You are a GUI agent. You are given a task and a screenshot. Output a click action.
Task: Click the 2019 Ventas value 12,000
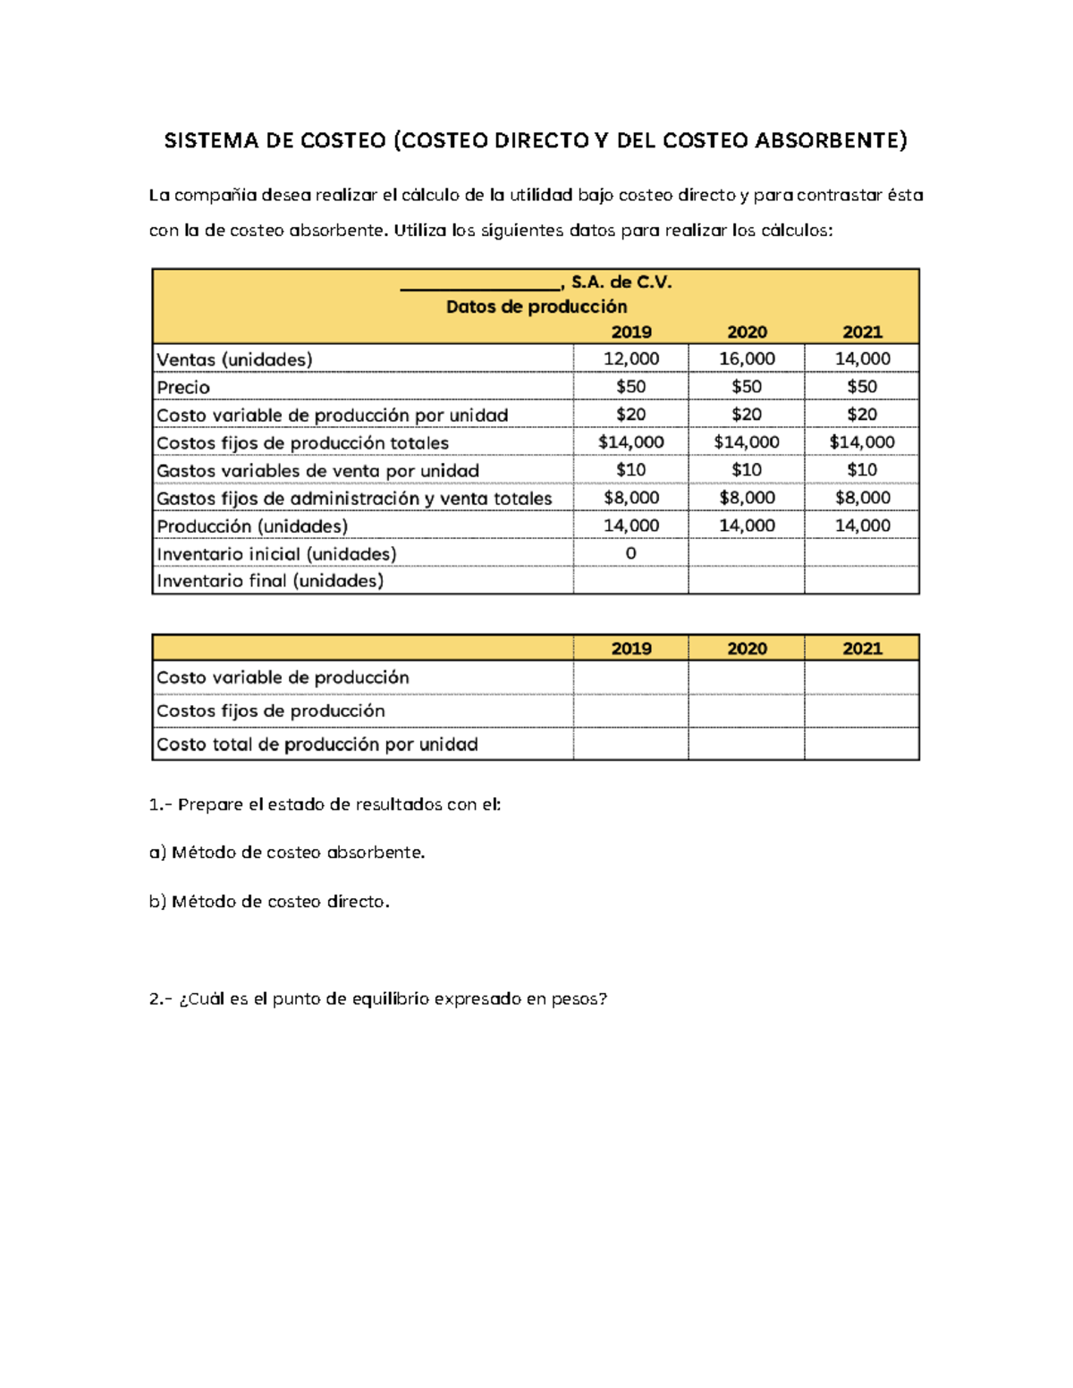[x=630, y=358]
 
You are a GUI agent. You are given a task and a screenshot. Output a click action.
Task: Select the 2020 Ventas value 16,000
[x=747, y=358]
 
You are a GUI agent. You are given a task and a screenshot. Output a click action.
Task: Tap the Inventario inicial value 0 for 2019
[x=630, y=553]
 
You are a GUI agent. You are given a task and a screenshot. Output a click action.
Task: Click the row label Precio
[x=183, y=387]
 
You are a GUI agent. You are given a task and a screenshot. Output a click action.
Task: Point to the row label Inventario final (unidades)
[x=270, y=581]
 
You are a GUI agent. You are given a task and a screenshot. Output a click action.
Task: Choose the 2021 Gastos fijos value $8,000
[x=862, y=498]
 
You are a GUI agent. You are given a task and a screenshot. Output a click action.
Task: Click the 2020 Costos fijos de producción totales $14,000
[x=747, y=442]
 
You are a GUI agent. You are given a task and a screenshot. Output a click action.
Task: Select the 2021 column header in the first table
[x=862, y=332]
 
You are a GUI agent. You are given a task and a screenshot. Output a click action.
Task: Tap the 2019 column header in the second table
[x=630, y=649]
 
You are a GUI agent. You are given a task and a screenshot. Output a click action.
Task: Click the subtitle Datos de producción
[x=536, y=307]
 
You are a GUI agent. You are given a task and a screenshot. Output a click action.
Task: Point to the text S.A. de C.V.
[x=621, y=282]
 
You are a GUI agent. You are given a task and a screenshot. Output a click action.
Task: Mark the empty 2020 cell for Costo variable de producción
[x=747, y=677]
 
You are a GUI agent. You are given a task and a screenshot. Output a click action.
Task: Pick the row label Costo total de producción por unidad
[x=317, y=744]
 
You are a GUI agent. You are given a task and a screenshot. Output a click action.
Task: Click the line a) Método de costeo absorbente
[x=287, y=853]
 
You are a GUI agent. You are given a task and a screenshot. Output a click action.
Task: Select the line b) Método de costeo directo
[x=269, y=902]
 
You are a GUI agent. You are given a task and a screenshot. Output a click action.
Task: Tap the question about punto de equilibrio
[x=378, y=999]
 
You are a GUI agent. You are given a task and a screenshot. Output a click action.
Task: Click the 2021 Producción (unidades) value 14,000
[x=862, y=526]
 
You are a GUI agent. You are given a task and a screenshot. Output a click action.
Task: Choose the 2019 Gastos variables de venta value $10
[x=630, y=470]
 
